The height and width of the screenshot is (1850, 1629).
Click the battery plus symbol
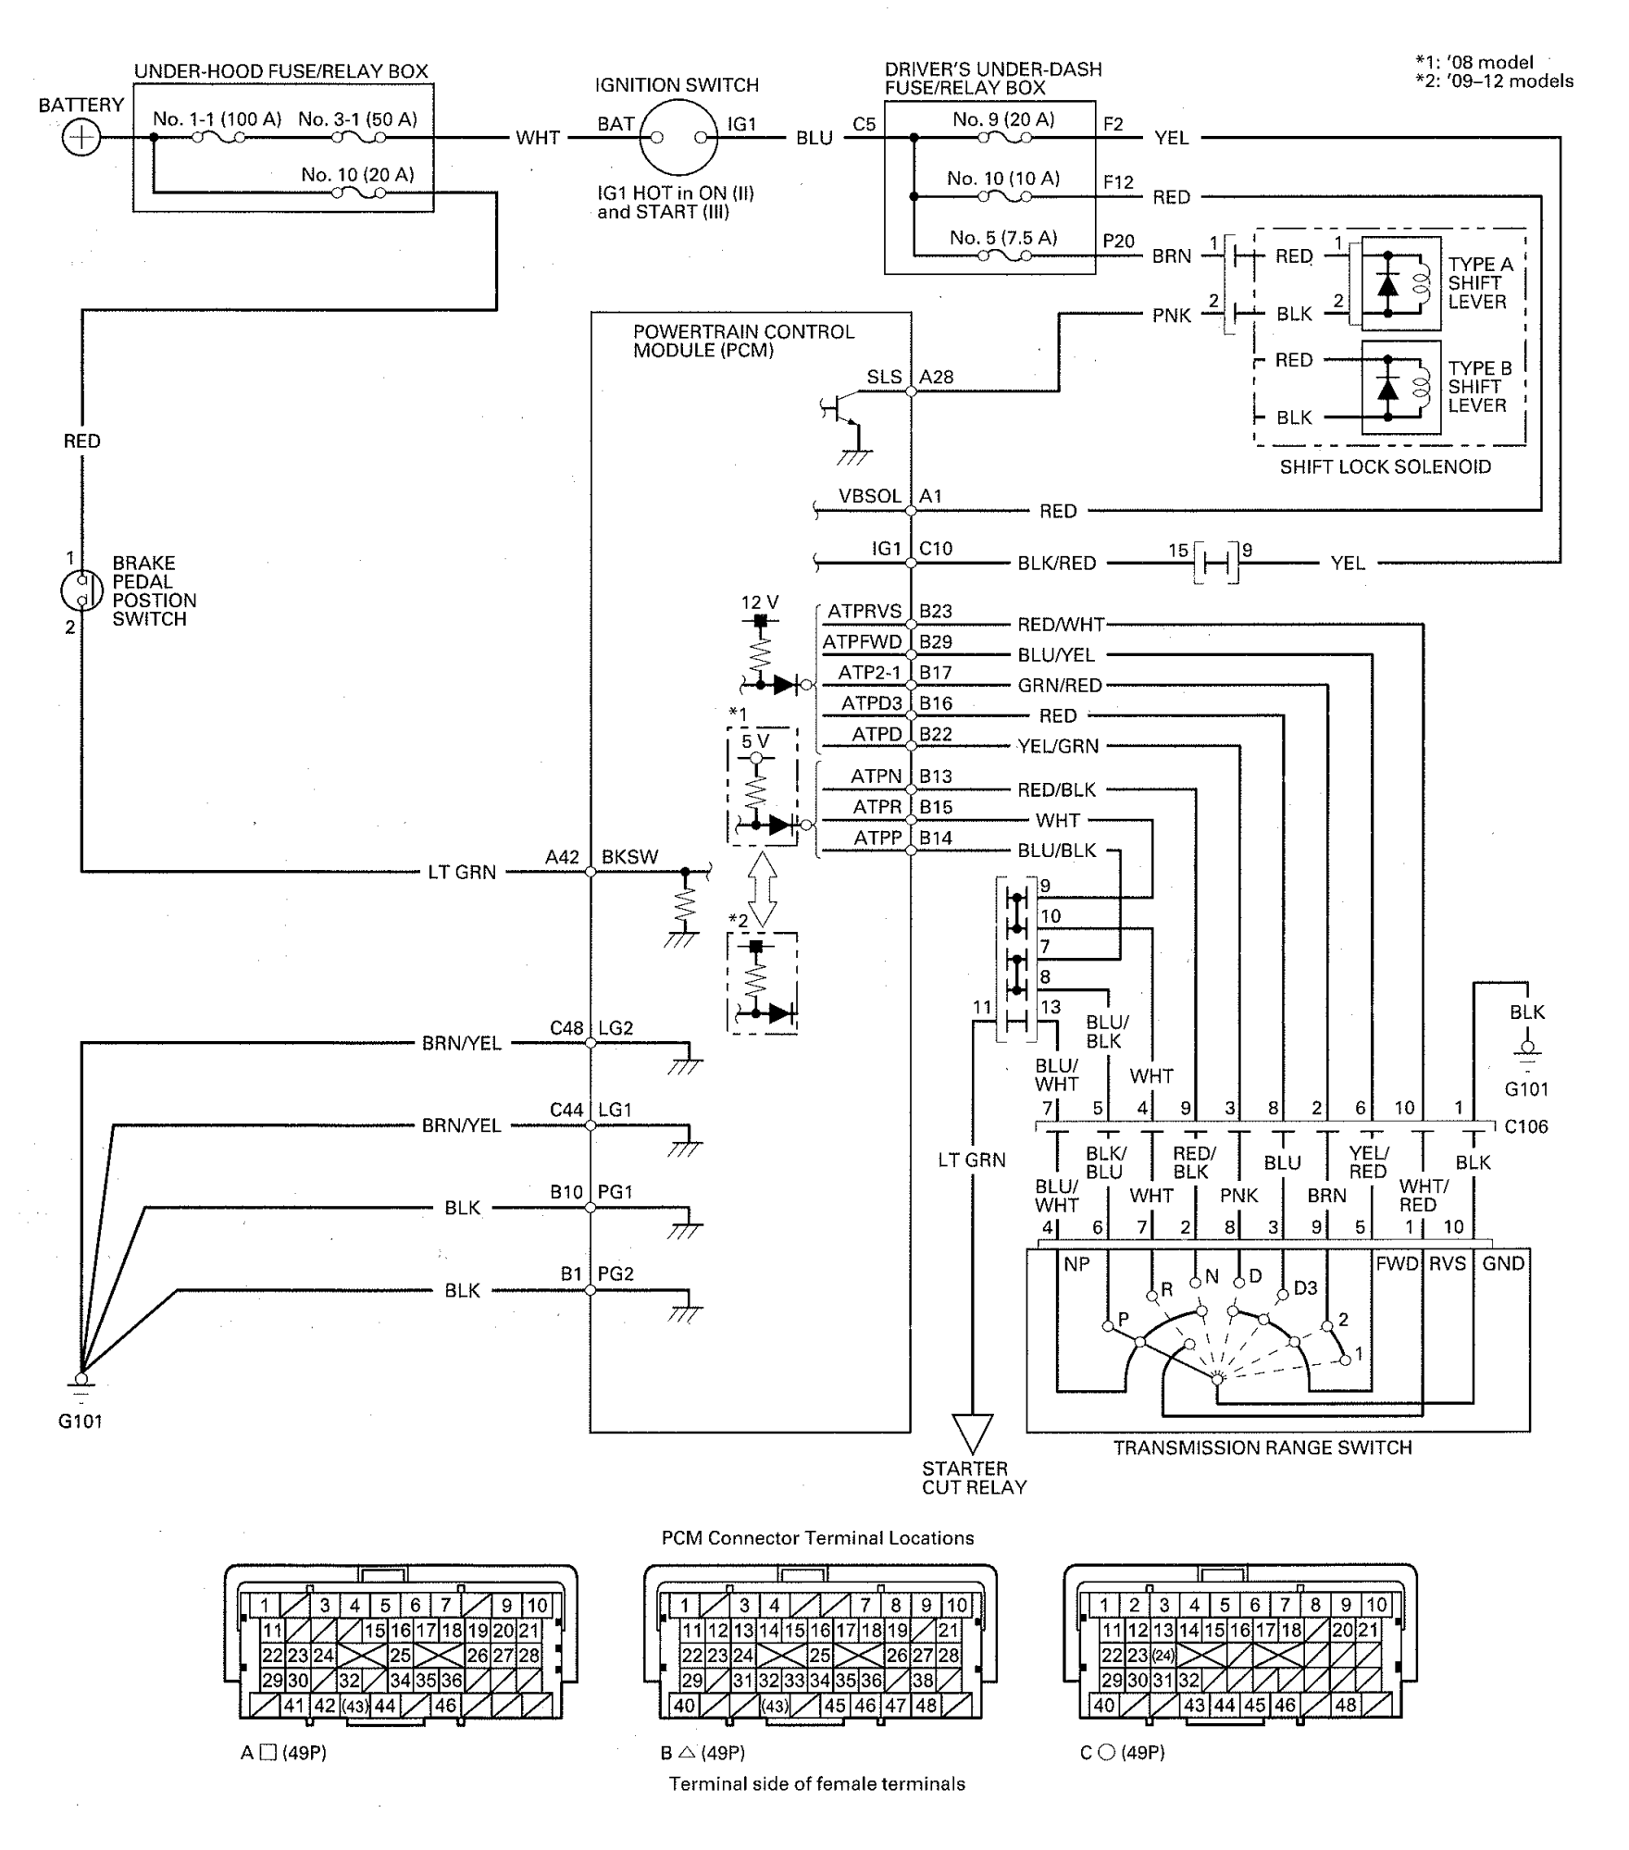pos(81,139)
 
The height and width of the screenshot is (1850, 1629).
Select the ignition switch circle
pos(678,138)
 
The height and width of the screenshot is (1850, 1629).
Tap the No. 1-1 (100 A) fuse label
pos(218,118)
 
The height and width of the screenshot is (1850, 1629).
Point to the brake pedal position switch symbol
pos(81,591)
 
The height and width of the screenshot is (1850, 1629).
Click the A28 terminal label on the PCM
pos(936,377)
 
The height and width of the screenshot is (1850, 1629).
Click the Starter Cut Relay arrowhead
pos(973,1434)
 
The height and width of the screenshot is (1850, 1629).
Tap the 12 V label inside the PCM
pos(760,602)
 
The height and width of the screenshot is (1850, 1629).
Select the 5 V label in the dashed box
pos(755,740)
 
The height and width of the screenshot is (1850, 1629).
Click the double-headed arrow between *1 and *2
pos(762,889)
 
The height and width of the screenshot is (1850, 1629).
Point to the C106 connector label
pos(1525,1126)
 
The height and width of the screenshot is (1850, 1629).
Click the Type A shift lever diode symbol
pos(1387,283)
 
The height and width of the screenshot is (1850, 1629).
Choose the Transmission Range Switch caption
pos(1262,1447)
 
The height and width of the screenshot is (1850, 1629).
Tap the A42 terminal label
pos(562,857)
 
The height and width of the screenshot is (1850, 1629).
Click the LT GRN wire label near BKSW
pos(462,872)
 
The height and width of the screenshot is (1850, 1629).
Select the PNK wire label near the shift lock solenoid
pos(1172,316)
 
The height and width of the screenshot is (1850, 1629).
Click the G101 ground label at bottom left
pos(81,1421)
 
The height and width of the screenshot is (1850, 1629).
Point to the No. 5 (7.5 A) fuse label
pos(1003,238)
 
